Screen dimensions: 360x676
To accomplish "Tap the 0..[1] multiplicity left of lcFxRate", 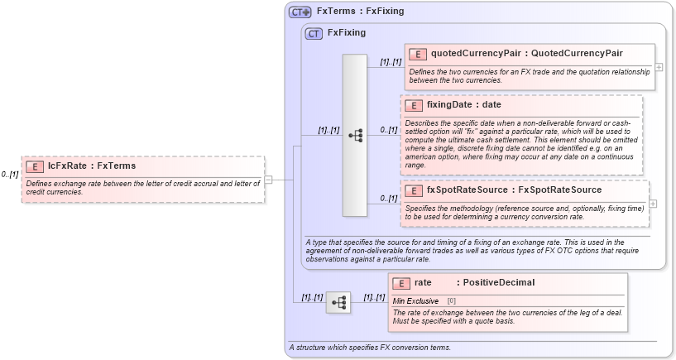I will [x=10, y=175].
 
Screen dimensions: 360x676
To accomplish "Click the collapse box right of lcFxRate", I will [x=268, y=179].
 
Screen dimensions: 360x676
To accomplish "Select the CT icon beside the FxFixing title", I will [x=314, y=34].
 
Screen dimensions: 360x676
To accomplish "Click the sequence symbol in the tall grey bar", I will [x=355, y=135].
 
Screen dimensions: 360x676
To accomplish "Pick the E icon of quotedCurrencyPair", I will [x=418, y=55].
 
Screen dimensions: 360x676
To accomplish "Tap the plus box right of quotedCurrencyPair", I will [x=659, y=67].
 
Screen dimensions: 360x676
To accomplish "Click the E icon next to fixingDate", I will [x=414, y=106].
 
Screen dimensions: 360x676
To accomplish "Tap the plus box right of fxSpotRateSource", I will [x=654, y=204].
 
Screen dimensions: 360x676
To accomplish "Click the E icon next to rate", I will [x=401, y=283].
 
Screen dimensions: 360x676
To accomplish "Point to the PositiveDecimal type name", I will [x=498, y=283].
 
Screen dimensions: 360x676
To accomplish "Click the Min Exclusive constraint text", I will [x=415, y=300].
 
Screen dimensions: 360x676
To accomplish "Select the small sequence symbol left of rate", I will [x=338, y=303].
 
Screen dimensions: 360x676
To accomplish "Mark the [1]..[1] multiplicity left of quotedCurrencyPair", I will [x=391, y=62].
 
